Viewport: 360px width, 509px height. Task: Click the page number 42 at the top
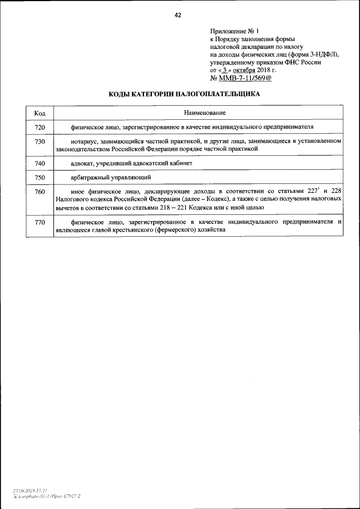point(178,15)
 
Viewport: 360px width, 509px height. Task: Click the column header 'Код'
point(39,113)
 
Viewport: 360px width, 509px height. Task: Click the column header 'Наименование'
point(198,113)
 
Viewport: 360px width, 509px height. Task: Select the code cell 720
point(39,128)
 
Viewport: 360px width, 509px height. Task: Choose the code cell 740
point(39,163)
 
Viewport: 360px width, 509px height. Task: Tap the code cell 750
point(39,178)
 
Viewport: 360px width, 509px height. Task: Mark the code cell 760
point(39,192)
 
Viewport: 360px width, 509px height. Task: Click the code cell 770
point(39,223)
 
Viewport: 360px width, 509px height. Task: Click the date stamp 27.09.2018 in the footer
point(26,490)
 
